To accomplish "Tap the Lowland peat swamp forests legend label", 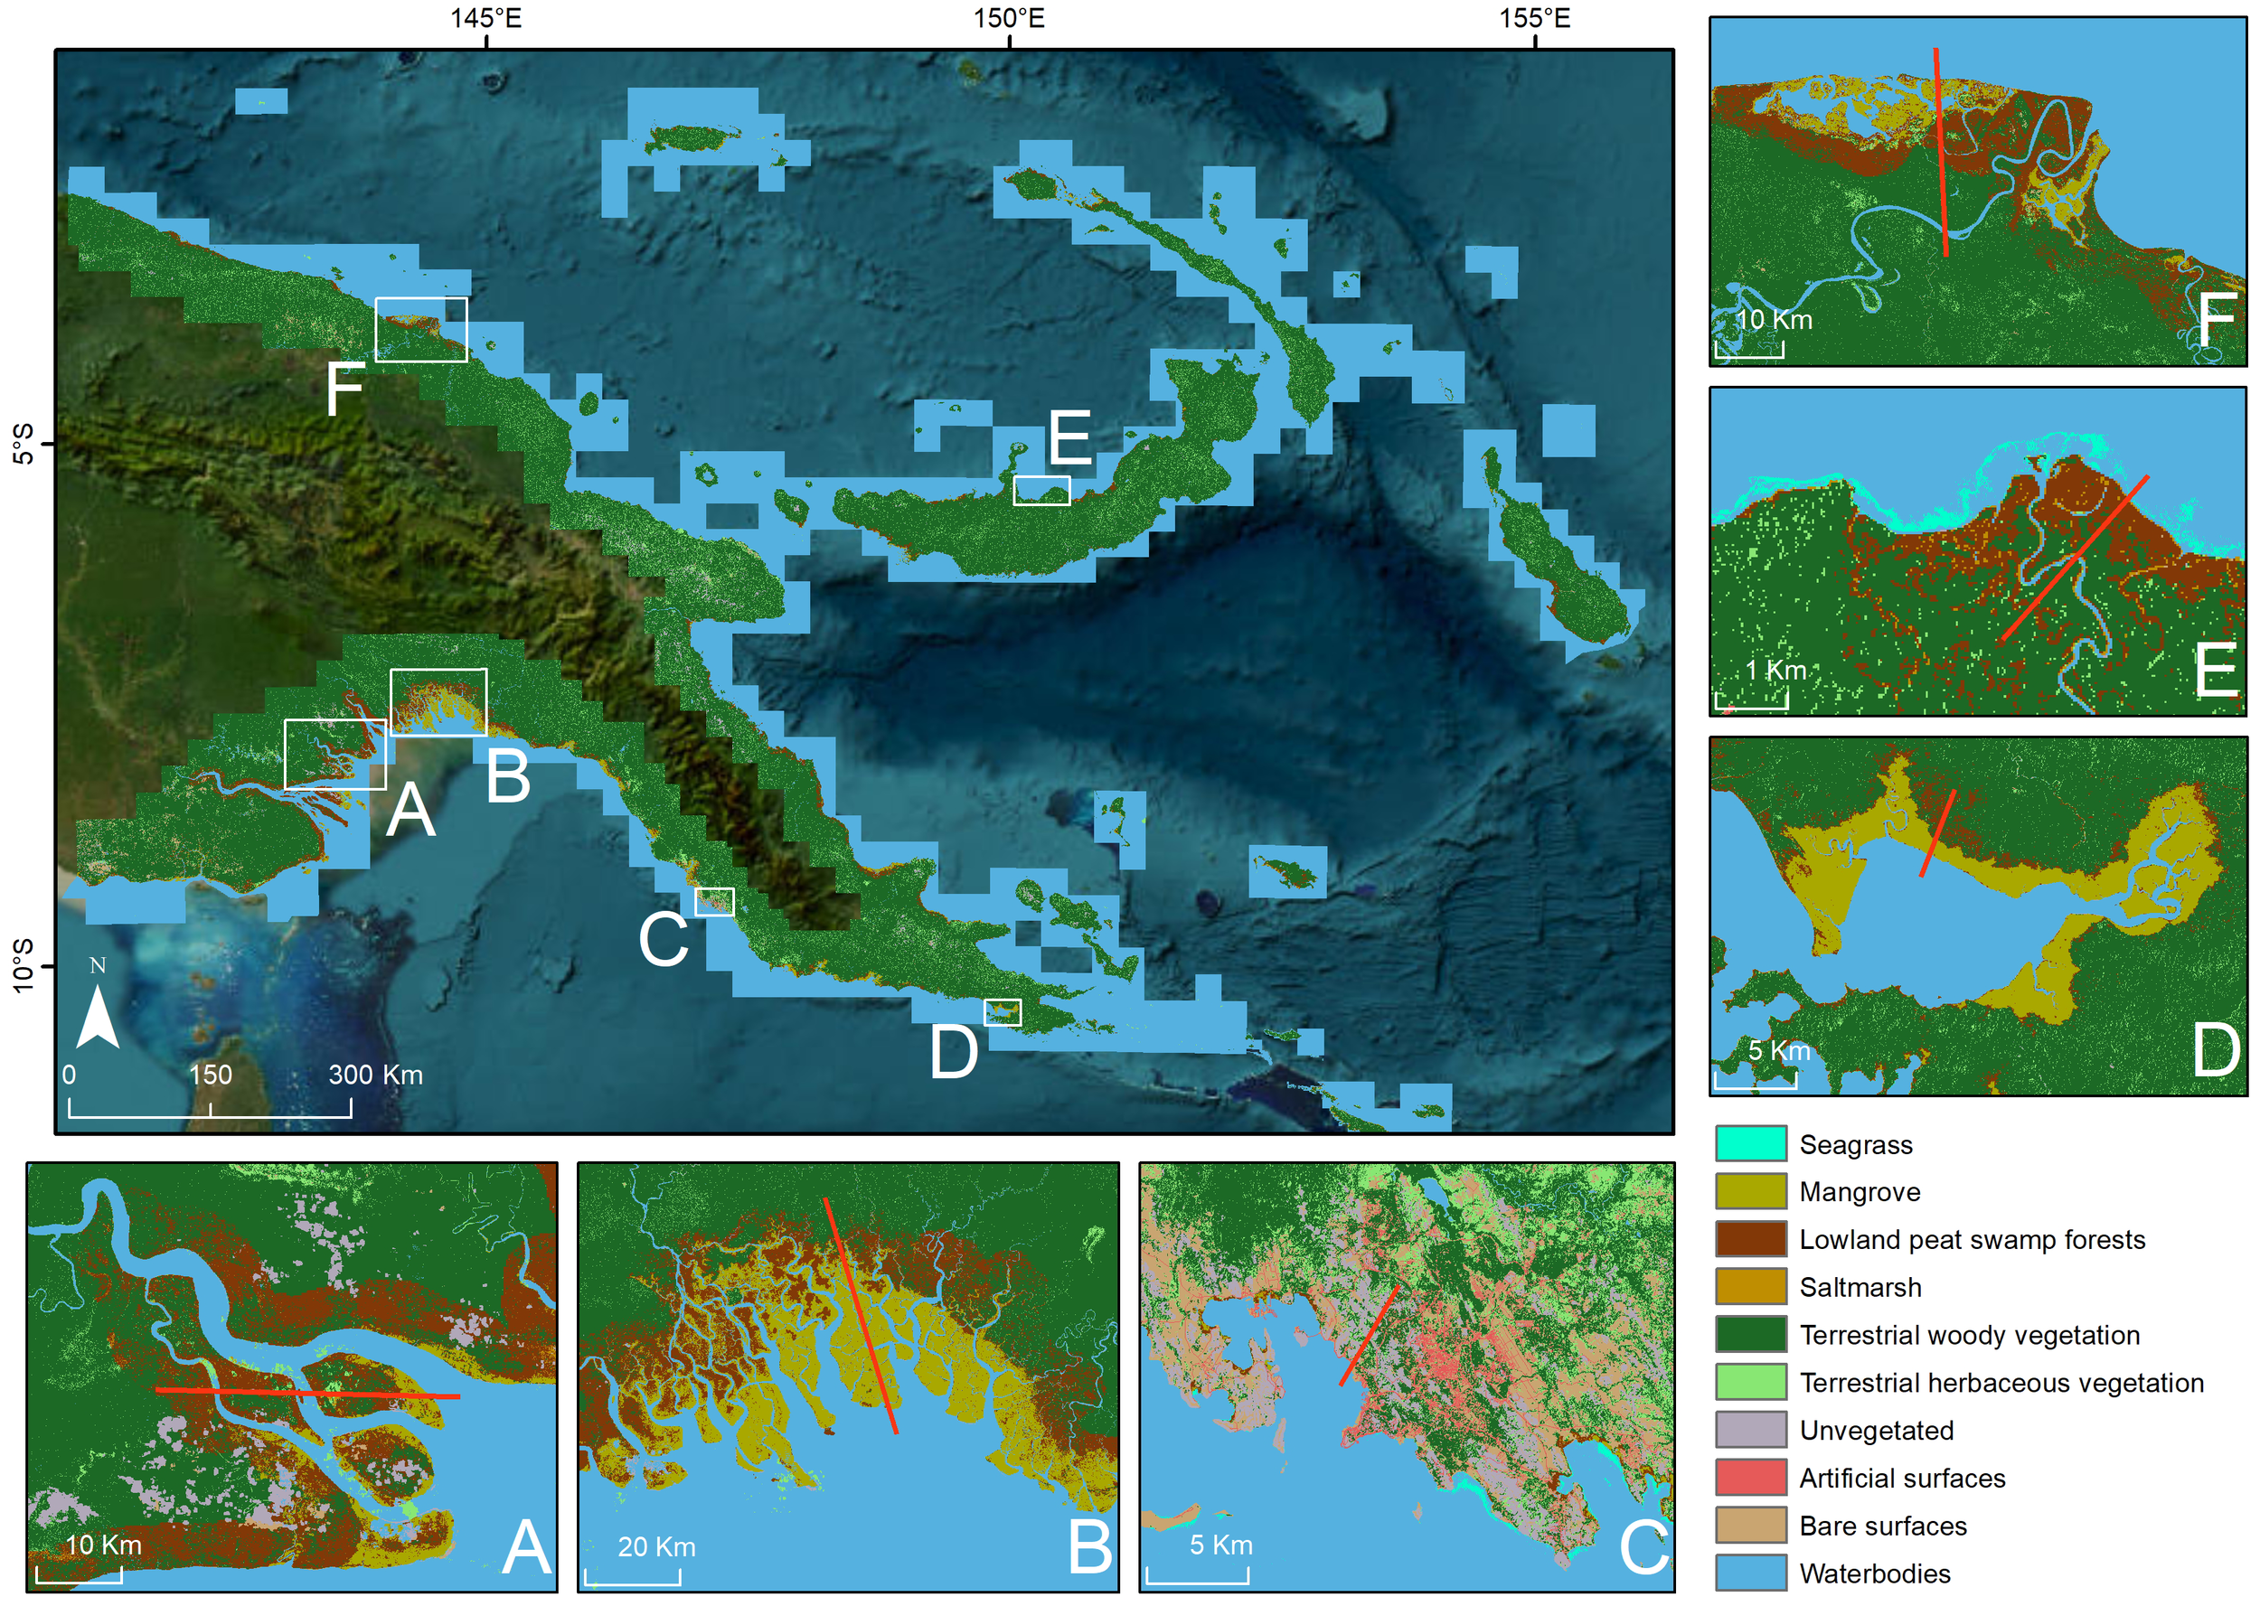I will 1972,1239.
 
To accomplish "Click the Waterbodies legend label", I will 1874,1573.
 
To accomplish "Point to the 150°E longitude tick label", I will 1008,18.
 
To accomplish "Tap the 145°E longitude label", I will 485,18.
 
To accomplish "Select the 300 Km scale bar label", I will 375,1075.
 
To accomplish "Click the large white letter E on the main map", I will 1069,438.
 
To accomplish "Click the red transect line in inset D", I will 1937,832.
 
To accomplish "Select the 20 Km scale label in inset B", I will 655,1546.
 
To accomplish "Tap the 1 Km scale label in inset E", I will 1775,671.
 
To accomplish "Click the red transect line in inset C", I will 1369,1335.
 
